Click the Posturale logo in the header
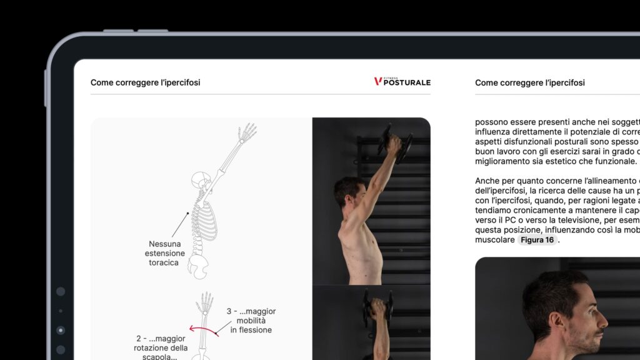402,82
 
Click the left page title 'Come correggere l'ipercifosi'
145,82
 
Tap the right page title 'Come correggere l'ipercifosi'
530,82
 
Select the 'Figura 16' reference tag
537,240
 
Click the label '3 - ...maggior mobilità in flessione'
251,321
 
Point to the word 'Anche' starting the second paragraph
487,181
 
